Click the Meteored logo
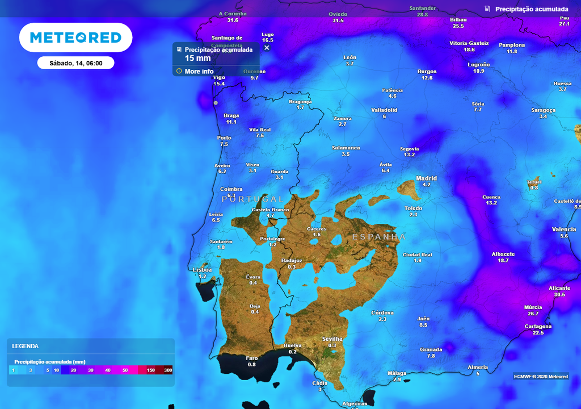(x=75, y=37)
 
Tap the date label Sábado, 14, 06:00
(x=75, y=63)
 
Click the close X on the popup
(x=267, y=47)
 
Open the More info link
(x=199, y=72)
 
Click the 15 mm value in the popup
(x=197, y=58)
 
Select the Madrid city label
(x=427, y=178)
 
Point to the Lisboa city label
(x=202, y=270)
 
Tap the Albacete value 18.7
(x=503, y=260)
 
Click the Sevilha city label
(x=332, y=339)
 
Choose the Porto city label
(x=224, y=138)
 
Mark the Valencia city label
(x=563, y=229)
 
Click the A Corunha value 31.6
(x=233, y=20)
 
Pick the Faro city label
(x=251, y=358)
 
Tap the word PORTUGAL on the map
(x=252, y=199)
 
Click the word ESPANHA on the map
(x=379, y=237)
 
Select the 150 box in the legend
(x=151, y=370)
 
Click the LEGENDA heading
(x=26, y=346)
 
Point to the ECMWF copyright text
(x=541, y=377)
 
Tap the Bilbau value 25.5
(x=458, y=26)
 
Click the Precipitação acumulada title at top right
(x=532, y=9)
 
